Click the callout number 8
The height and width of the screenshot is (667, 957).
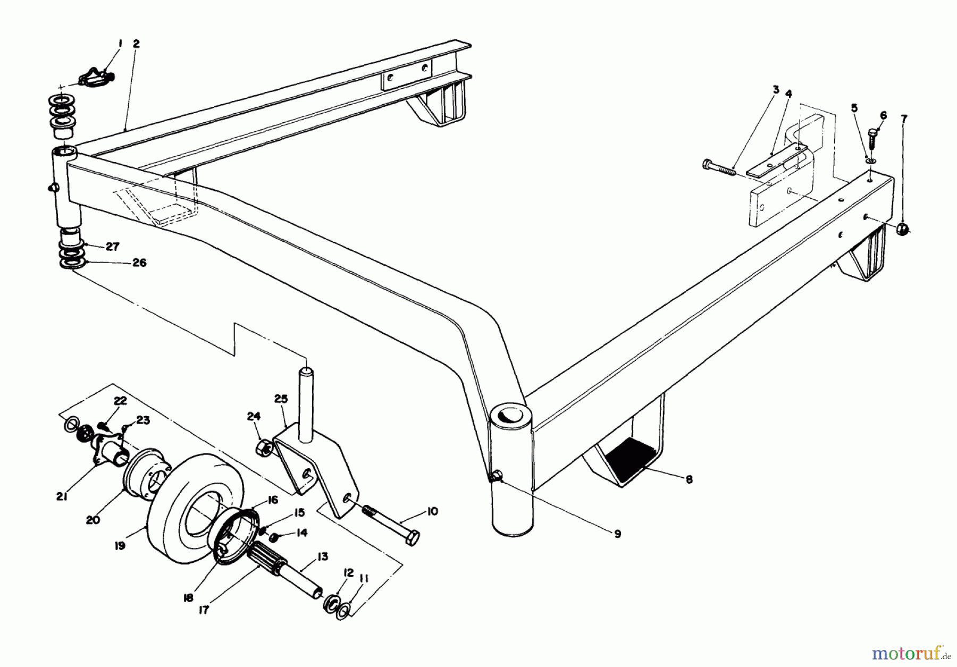689,479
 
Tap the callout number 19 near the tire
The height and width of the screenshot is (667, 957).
120,545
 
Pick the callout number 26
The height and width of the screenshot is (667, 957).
139,263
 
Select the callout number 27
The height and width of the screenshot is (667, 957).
112,247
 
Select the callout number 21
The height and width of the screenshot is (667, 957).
62,497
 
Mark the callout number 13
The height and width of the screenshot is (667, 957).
322,556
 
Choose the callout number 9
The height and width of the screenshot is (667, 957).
617,534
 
